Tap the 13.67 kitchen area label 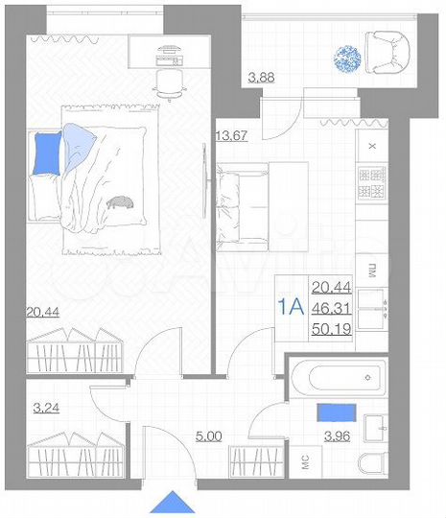[x=232, y=134]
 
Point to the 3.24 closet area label [x=46, y=408]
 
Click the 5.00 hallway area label [x=209, y=436]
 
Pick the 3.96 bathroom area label [x=337, y=437]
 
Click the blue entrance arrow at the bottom [x=173, y=503]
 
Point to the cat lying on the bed [x=122, y=201]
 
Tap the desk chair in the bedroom [x=171, y=84]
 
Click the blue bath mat [x=338, y=412]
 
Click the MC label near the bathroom [x=306, y=463]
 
